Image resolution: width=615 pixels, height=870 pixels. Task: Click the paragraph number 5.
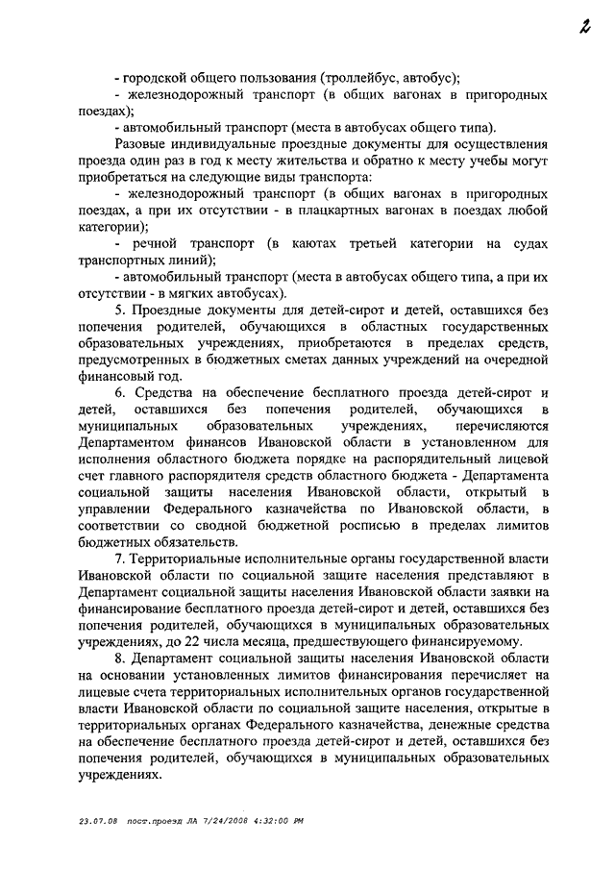[119, 311]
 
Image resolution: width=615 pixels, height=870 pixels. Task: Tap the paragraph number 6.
[119, 395]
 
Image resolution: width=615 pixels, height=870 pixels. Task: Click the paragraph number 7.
[119, 562]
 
